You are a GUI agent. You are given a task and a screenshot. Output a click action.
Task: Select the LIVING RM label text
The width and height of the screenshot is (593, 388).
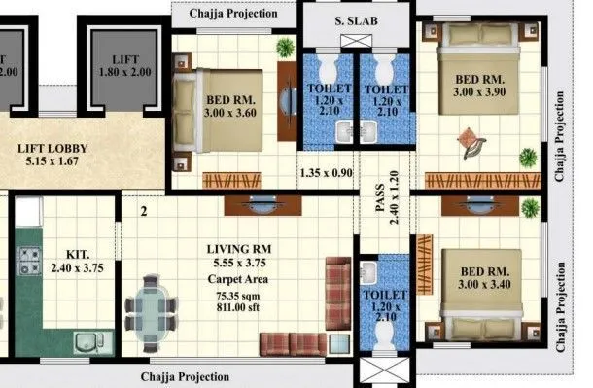(239, 249)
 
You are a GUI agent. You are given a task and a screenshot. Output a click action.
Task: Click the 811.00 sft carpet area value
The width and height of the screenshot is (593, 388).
(239, 308)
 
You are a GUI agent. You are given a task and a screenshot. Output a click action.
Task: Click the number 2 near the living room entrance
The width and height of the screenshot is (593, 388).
(142, 209)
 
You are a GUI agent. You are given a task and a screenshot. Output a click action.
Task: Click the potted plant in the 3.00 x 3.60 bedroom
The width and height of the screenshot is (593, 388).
(285, 48)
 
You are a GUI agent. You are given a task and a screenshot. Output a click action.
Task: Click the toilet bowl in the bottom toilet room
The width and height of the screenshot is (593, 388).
(385, 332)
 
